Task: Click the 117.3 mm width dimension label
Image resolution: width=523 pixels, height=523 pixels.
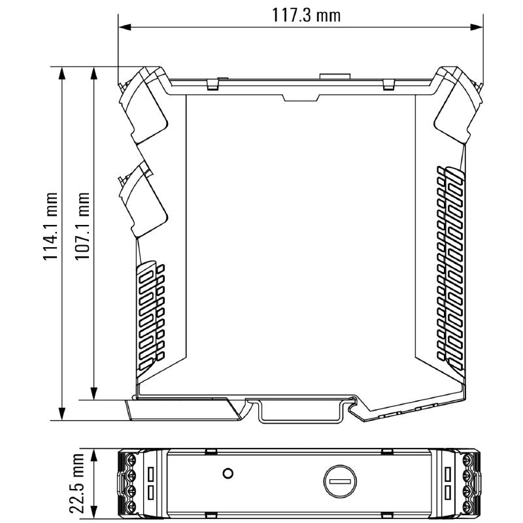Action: (306, 15)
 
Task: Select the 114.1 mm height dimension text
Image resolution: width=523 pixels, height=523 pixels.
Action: (51, 226)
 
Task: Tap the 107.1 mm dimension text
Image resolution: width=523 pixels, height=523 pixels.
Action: (82, 226)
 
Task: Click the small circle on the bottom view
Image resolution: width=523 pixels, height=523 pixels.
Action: (228, 473)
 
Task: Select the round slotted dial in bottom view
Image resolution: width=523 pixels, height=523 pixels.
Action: (340, 481)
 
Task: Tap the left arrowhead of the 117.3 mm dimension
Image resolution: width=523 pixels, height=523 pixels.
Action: (126, 27)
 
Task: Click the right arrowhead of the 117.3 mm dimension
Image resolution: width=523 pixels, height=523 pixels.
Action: (476, 27)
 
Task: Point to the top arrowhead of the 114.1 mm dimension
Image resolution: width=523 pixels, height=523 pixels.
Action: (61, 73)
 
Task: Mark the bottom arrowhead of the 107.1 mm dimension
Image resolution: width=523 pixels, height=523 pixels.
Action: (94, 393)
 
